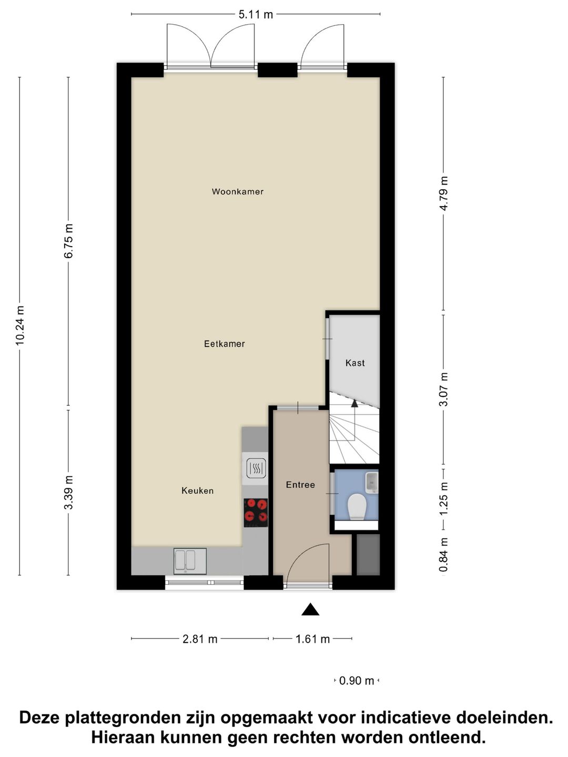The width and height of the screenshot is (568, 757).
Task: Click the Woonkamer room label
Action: tap(238, 192)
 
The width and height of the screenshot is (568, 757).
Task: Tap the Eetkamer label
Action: tap(225, 344)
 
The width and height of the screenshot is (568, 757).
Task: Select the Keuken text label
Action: tap(197, 490)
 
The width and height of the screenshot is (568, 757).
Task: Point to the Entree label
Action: tap(300, 485)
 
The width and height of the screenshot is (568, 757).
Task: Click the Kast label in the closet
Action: tap(355, 363)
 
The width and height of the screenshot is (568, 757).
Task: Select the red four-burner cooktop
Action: tap(256, 512)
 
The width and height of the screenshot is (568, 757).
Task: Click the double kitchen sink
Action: tap(190, 561)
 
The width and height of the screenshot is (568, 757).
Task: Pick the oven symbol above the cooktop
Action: tap(256, 468)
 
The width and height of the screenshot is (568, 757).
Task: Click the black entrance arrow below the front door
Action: tap(310, 609)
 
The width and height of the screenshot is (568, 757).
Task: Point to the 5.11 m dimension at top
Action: tap(256, 15)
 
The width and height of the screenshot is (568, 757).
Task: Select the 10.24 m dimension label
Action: tap(20, 325)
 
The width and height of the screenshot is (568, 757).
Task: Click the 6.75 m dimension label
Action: tap(68, 241)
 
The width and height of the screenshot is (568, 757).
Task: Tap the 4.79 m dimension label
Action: tap(444, 193)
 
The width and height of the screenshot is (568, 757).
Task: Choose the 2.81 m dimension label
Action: tap(200, 639)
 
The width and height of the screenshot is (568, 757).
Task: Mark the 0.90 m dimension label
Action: tap(357, 681)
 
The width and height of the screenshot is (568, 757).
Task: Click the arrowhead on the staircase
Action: tap(354, 403)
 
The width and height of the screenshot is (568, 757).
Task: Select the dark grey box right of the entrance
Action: tap(368, 555)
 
